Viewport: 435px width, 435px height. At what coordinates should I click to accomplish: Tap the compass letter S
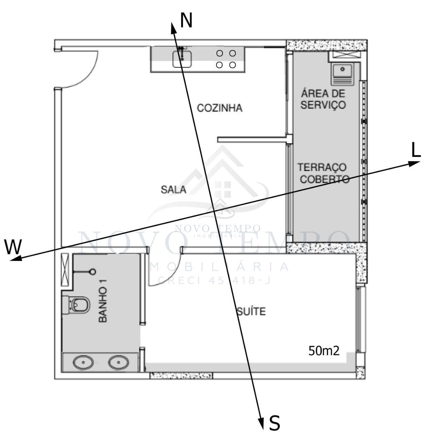(275, 423)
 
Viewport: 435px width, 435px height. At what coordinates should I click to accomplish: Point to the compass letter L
(416, 150)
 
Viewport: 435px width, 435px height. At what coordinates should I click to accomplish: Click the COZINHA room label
(220, 108)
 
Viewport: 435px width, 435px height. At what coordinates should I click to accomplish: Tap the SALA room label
(173, 190)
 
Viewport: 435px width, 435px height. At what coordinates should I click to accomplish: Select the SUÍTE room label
(251, 311)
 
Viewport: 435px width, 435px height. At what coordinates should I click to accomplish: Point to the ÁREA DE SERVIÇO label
(323, 99)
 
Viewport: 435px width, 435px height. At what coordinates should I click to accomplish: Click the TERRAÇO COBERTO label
(323, 173)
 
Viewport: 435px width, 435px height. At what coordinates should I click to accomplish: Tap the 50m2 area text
(324, 351)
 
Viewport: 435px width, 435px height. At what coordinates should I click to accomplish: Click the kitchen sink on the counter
(182, 58)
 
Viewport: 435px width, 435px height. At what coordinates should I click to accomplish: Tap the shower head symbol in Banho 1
(92, 272)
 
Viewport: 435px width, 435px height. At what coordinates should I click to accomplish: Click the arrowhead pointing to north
(173, 28)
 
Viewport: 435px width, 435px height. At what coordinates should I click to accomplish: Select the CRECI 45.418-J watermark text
(214, 280)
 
